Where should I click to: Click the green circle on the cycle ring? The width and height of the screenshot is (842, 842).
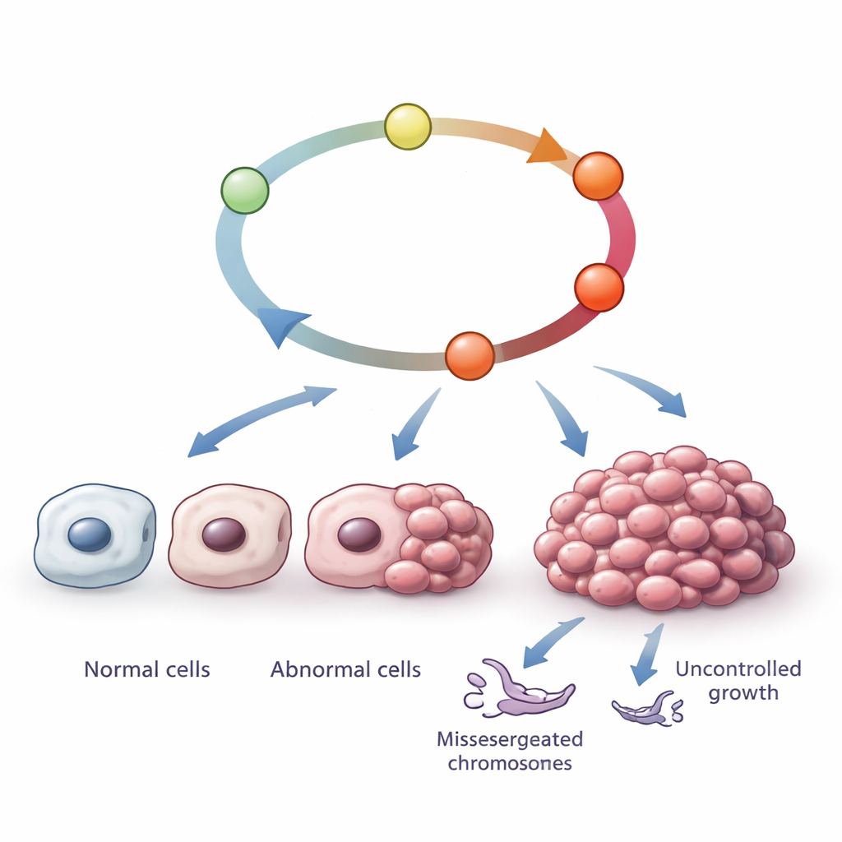pos(245,190)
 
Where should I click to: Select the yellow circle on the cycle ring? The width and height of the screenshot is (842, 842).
pos(408,126)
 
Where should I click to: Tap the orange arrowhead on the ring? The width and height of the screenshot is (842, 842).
pos(545,148)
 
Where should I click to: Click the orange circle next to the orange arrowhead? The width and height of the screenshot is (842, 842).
pos(598,176)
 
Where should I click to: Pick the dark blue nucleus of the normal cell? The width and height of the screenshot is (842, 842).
pos(89,535)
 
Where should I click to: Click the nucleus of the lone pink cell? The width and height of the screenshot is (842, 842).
pos(224,534)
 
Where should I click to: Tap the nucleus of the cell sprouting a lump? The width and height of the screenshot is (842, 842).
pos(359,534)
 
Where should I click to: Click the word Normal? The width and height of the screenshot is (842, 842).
pos(118,669)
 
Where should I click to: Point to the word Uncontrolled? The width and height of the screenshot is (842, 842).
pos(738,669)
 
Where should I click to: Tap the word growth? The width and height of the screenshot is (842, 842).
pos(743,693)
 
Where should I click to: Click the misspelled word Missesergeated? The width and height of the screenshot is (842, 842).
pos(509,738)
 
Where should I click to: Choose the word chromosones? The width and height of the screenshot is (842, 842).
pos(509,763)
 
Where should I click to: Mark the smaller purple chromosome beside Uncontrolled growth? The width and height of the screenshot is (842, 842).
pos(647,708)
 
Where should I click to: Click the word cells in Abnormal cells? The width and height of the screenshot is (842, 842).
pos(398,669)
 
